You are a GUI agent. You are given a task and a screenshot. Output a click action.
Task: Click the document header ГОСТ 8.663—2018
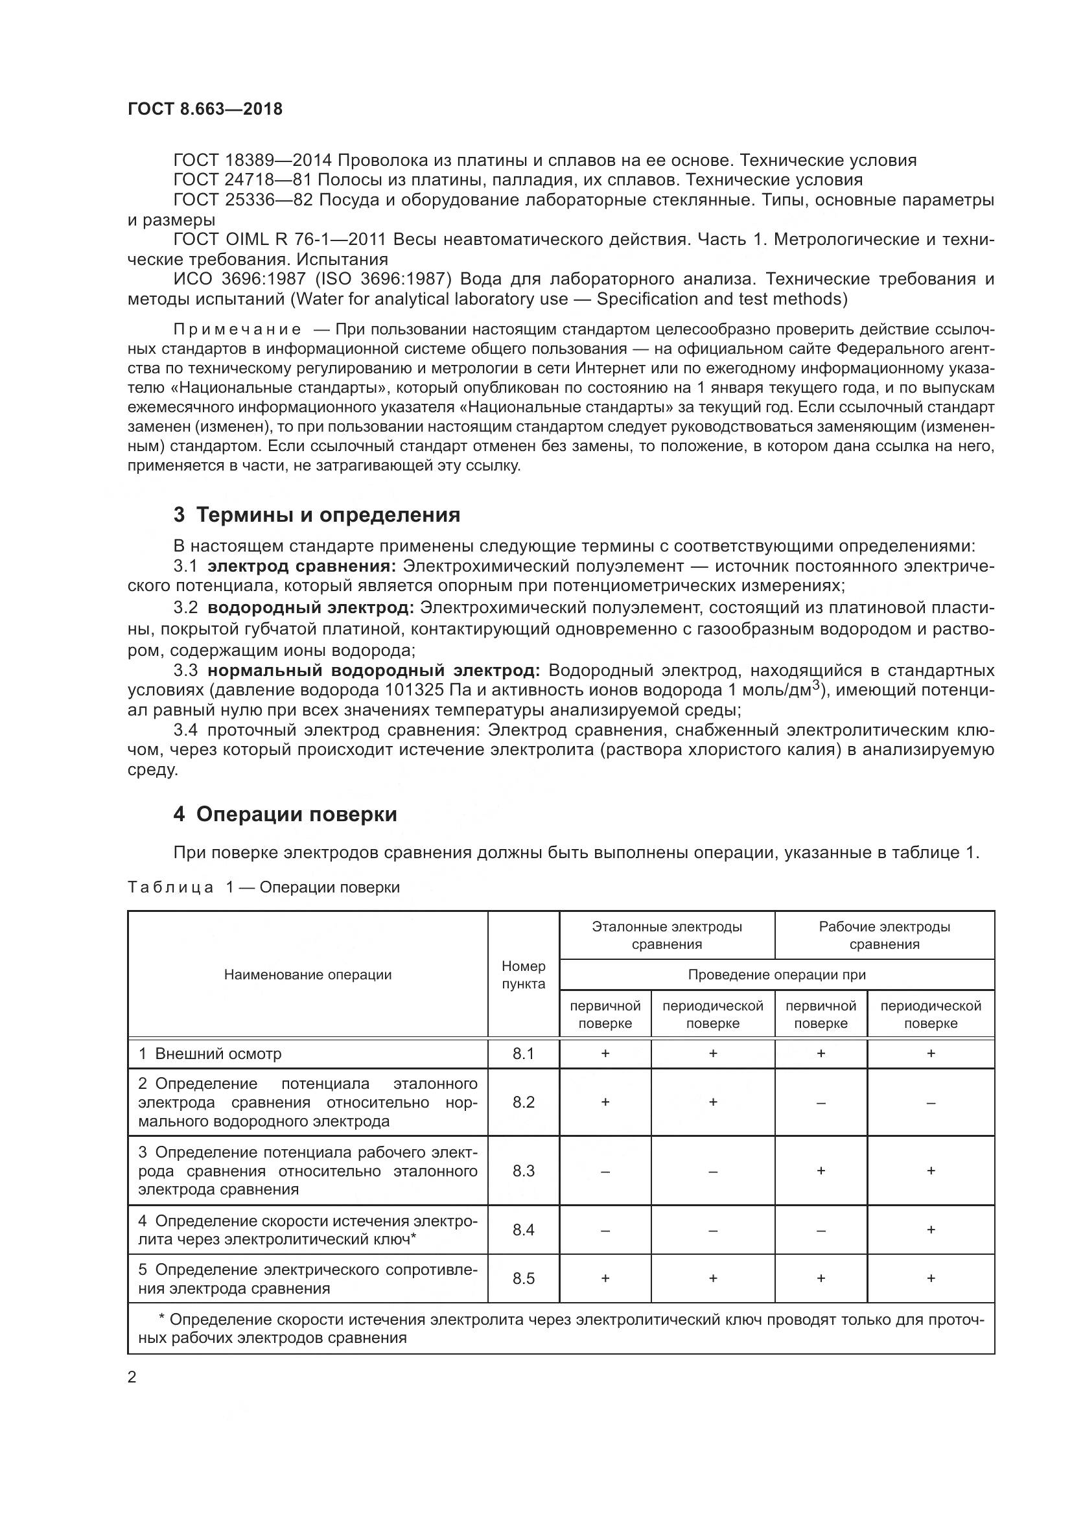205,109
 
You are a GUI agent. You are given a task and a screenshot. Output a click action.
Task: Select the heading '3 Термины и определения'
317,515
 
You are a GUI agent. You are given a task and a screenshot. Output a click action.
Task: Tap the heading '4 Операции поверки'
285,814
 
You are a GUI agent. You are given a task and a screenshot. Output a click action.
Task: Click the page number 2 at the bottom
132,1377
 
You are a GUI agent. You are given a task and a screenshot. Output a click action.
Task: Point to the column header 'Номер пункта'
523,975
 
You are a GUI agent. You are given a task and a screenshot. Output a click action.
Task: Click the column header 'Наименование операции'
308,975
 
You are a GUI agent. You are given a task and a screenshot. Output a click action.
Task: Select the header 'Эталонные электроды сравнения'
667,935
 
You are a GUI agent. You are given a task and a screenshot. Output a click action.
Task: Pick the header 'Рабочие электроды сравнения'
884,935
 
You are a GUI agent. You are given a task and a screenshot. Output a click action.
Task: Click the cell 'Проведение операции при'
776,975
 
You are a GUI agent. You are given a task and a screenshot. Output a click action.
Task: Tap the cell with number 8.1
523,1054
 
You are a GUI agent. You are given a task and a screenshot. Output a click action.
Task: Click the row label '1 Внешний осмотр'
210,1054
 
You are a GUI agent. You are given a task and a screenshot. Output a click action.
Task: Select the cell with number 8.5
523,1278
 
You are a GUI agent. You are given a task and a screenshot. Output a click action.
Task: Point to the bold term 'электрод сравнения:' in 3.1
301,566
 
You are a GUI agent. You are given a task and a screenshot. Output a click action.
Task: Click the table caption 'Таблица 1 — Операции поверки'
263,887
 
